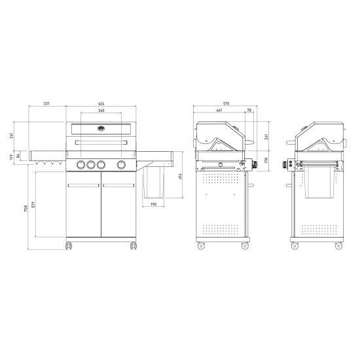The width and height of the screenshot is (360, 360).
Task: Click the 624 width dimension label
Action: (101, 104)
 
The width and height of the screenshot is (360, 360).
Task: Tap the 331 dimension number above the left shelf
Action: (46, 103)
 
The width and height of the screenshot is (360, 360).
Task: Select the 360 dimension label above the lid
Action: (101, 111)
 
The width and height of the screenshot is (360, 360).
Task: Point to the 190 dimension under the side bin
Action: (154, 204)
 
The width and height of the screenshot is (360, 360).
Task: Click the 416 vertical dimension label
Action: (180, 176)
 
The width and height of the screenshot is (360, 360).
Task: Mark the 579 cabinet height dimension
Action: (33, 205)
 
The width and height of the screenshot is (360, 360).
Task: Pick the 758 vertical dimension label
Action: (26, 208)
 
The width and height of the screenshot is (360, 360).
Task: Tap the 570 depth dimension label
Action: (226, 103)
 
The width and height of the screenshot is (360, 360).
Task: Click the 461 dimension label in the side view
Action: (219, 110)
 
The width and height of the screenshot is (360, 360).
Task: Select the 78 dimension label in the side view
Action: (249, 110)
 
